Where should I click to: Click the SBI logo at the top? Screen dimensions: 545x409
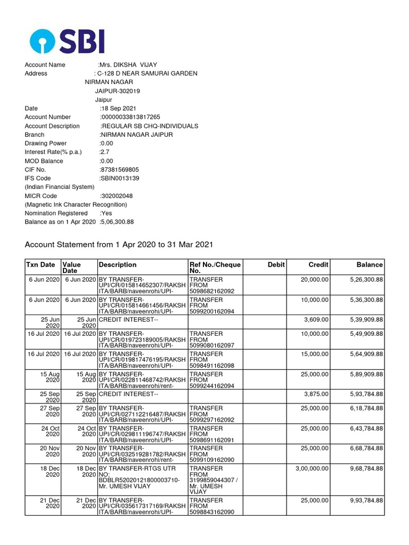coord(67,41)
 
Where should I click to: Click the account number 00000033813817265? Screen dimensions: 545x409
coord(130,117)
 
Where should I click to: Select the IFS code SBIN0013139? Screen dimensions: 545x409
coord(123,178)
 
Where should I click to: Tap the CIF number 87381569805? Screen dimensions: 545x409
coord(120,170)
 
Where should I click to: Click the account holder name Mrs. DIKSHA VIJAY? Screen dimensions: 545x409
coord(128,65)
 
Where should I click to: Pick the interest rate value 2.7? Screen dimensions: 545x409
coord(105,152)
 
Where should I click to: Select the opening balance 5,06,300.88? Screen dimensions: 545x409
coord(117,222)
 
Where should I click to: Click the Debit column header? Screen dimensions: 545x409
coord(276,265)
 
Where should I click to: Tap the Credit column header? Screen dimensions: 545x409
coord(318,265)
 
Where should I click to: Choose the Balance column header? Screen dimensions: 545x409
coord(370,265)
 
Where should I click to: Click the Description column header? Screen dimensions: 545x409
coord(118,265)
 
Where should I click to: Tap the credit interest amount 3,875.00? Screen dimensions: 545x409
coord(316,394)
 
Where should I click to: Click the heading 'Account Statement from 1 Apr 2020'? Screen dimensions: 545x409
coord(119,245)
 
